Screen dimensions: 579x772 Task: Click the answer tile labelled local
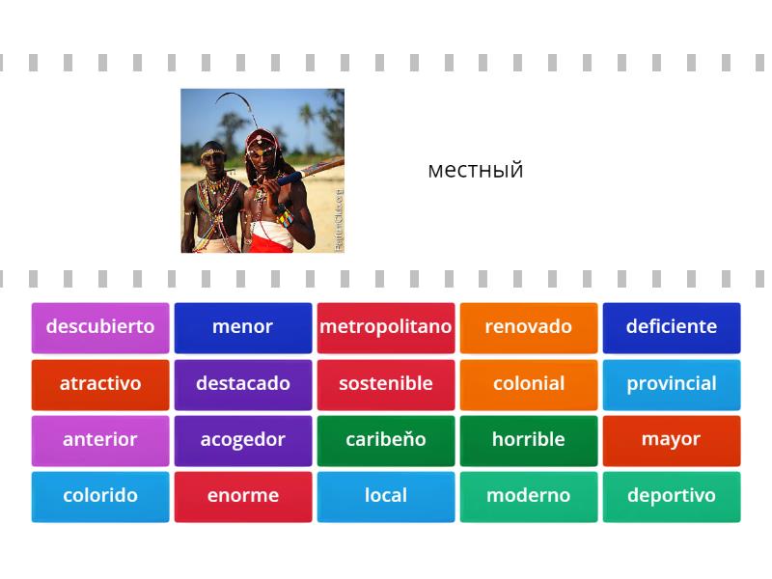point(386,496)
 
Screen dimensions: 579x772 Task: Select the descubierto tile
point(100,327)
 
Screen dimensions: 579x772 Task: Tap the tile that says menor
point(243,327)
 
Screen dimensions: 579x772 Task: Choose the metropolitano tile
point(386,327)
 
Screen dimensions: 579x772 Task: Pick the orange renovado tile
point(529,327)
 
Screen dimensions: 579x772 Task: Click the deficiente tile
point(672,327)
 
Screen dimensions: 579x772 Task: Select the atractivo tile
point(100,384)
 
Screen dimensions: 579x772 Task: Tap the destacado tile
point(243,384)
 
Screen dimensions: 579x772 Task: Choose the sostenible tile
point(386,384)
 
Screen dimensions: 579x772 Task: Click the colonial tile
point(529,384)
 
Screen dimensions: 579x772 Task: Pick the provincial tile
point(672,384)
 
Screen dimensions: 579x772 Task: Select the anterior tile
point(100,440)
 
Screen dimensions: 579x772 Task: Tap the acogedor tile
point(243,440)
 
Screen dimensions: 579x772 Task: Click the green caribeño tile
point(386,440)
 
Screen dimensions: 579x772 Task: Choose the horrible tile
point(529,440)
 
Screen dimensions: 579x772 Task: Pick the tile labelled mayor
point(672,440)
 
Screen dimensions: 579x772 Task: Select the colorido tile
point(100,496)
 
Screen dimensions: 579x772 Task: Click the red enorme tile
point(243,496)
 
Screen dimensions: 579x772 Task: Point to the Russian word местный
point(475,170)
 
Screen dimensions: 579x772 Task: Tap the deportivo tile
point(672,496)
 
